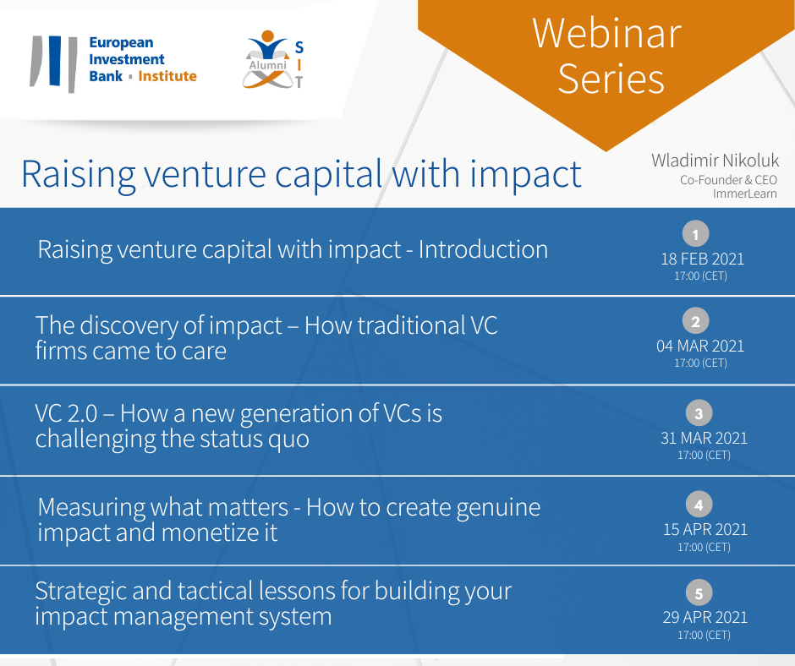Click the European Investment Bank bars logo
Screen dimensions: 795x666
[54, 63]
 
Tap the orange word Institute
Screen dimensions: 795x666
[167, 76]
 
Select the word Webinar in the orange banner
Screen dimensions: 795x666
[607, 33]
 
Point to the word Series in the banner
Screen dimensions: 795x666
[611, 79]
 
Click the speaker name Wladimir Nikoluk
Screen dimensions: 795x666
[715, 161]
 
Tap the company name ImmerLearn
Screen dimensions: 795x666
[745, 194]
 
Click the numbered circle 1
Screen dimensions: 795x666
[695, 233]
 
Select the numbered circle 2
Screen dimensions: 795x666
[695, 321]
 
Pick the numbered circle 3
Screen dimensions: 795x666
[699, 413]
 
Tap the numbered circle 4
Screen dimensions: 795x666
[699, 505]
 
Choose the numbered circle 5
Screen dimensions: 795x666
[699, 592]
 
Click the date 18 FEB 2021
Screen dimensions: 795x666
[702, 259]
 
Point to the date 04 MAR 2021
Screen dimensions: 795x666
[700, 347]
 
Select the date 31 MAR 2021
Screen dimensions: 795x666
[704, 438]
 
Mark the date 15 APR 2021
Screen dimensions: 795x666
[705, 530]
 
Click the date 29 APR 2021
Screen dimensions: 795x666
[705, 617]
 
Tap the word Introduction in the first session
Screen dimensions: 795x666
[483, 249]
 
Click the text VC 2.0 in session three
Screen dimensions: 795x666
[66, 413]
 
